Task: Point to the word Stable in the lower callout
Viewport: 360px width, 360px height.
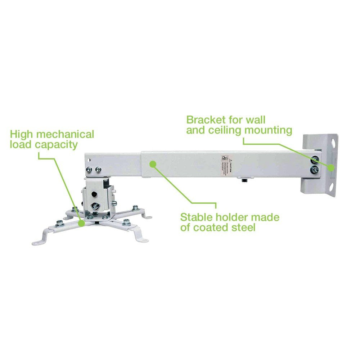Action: point(197,217)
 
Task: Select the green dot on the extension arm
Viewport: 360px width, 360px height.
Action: point(153,164)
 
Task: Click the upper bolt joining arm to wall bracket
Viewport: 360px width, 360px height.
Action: point(315,160)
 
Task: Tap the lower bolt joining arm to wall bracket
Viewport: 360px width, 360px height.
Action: point(315,170)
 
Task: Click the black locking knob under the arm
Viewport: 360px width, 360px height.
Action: point(244,180)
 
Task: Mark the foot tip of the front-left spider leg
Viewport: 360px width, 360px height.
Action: point(36,243)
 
